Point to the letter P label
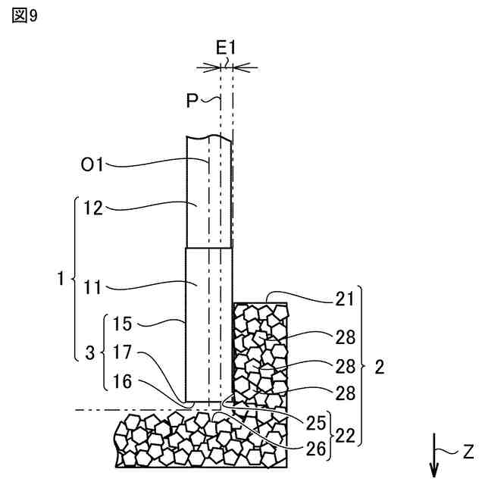[193, 100]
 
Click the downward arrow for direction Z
[433, 455]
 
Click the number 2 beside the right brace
[380, 368]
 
